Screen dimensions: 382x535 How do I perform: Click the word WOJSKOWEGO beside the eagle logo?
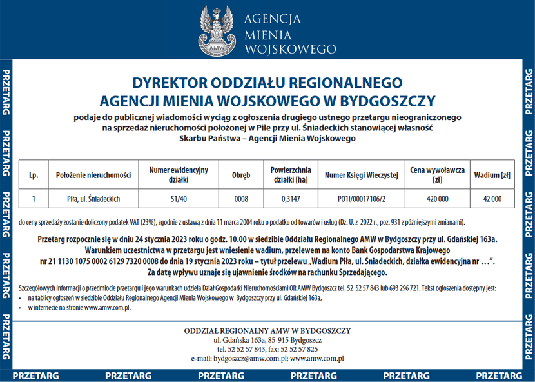[x=290, y=50]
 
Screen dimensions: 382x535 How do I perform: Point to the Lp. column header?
[x=34, y=175]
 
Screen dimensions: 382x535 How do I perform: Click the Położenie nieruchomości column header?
[x=93, y=175]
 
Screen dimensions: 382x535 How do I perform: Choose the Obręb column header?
[x=241, y=175]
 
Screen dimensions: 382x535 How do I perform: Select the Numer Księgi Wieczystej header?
[x=362, y=175]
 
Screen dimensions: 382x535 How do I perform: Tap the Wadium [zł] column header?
[x=492, y=175]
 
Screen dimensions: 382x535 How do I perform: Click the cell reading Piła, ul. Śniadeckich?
[x=93, y=199]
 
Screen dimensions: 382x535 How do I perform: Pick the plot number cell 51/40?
[x=179, y=199]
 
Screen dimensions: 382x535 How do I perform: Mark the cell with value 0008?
[x=241, y=199]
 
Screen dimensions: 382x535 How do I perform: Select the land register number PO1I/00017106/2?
[x=362, y=199]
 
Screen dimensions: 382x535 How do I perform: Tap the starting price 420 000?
[x=437, y=199]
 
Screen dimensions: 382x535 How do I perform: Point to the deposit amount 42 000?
[x=492, y=199]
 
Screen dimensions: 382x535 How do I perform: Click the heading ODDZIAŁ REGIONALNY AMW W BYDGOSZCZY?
[x=267, y=331]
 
